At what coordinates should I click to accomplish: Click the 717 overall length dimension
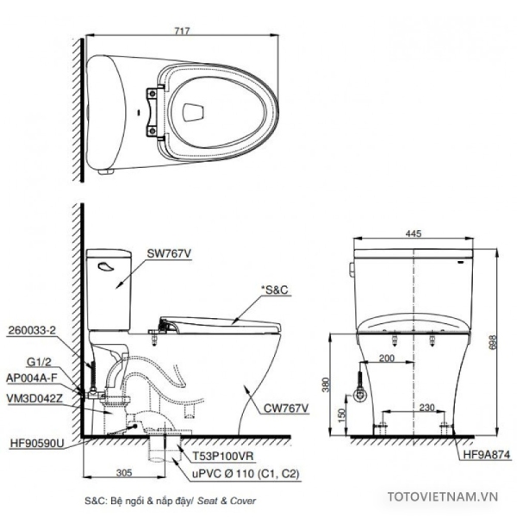coord(182,31)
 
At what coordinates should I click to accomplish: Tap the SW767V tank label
coord(169,253)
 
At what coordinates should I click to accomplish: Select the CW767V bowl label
coord(286,408)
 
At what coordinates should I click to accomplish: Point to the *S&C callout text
coord(274,290)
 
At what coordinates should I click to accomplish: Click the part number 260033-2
coord(32,330)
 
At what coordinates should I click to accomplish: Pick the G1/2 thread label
coord(40,362)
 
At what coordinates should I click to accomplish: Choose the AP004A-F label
coord(32,378)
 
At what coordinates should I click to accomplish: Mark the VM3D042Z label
coord(34,398)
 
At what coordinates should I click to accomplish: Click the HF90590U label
coord(37,443)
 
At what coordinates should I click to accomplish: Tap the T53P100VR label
coord(223,456)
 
